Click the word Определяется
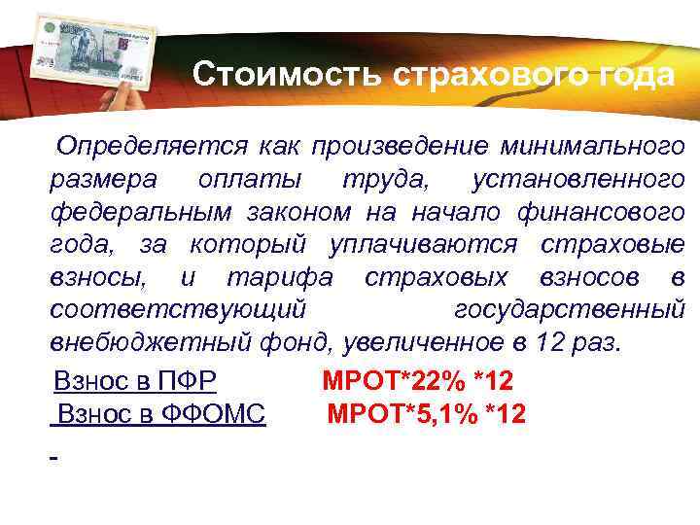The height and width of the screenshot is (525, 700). click(x=151, y=146)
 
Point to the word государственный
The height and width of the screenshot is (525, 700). click(x=570, y=310)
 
